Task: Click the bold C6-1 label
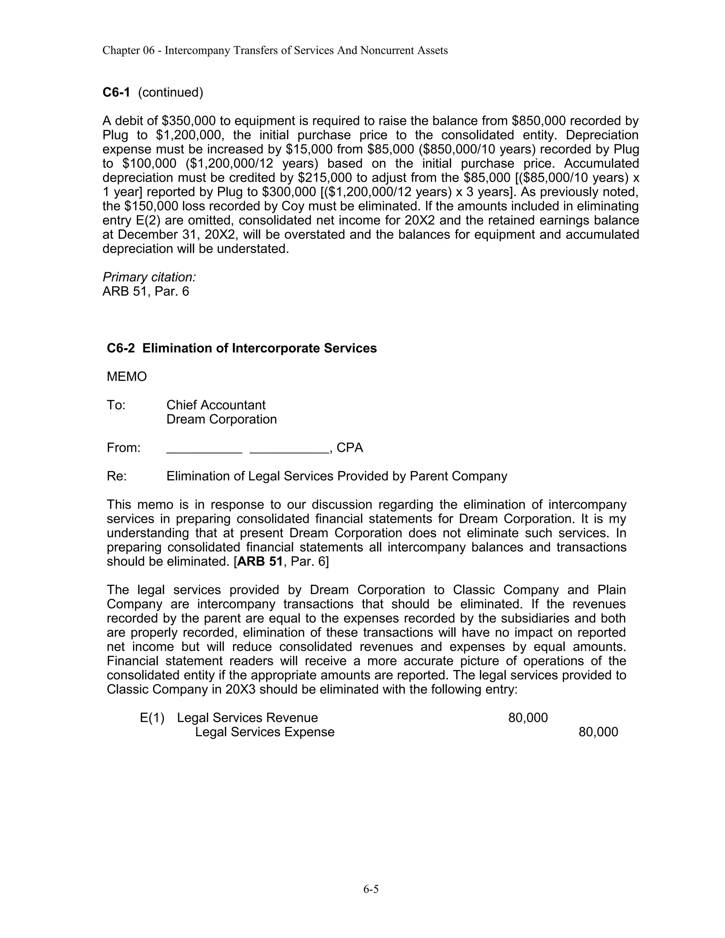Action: [116, 92]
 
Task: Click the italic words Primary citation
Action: [149, 277]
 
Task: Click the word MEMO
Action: [127, 377]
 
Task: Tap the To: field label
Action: [116, 405]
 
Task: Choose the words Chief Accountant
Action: [216, 405]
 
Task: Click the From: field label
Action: [124, 448]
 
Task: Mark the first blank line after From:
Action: [204, 449]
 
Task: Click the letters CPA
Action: [350, 448]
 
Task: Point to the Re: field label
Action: [116, 476]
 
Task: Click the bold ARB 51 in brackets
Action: [259, 562]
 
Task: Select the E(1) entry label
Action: [152, 718]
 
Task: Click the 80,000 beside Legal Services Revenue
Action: [528, 718]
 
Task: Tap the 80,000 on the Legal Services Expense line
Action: [598, 732]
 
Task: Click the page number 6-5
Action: [371, 889]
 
